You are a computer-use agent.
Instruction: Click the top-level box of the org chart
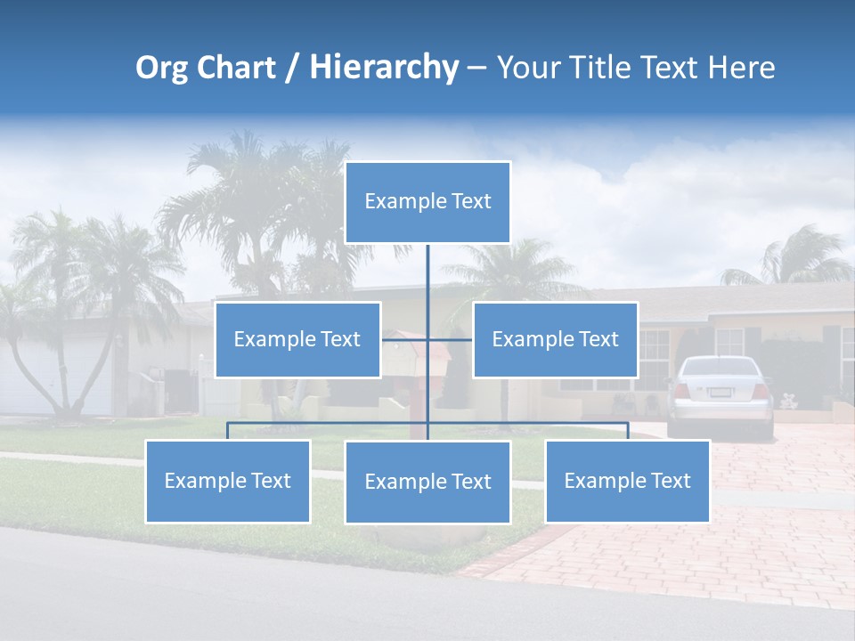pos(427,202)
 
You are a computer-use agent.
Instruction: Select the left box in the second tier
pos(297,339)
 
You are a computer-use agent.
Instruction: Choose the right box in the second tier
pos(555,339)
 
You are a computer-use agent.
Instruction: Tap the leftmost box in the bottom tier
pos(228,481)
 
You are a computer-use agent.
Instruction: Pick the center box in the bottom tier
pos(427,482)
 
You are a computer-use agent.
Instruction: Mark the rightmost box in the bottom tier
pos(627,481)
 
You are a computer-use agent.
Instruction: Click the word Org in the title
pos(161,68)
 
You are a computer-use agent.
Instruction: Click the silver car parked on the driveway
pos(721,395)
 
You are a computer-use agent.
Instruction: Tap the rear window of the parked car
pos(721,368)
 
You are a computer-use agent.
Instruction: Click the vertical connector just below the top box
pos(427,267)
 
